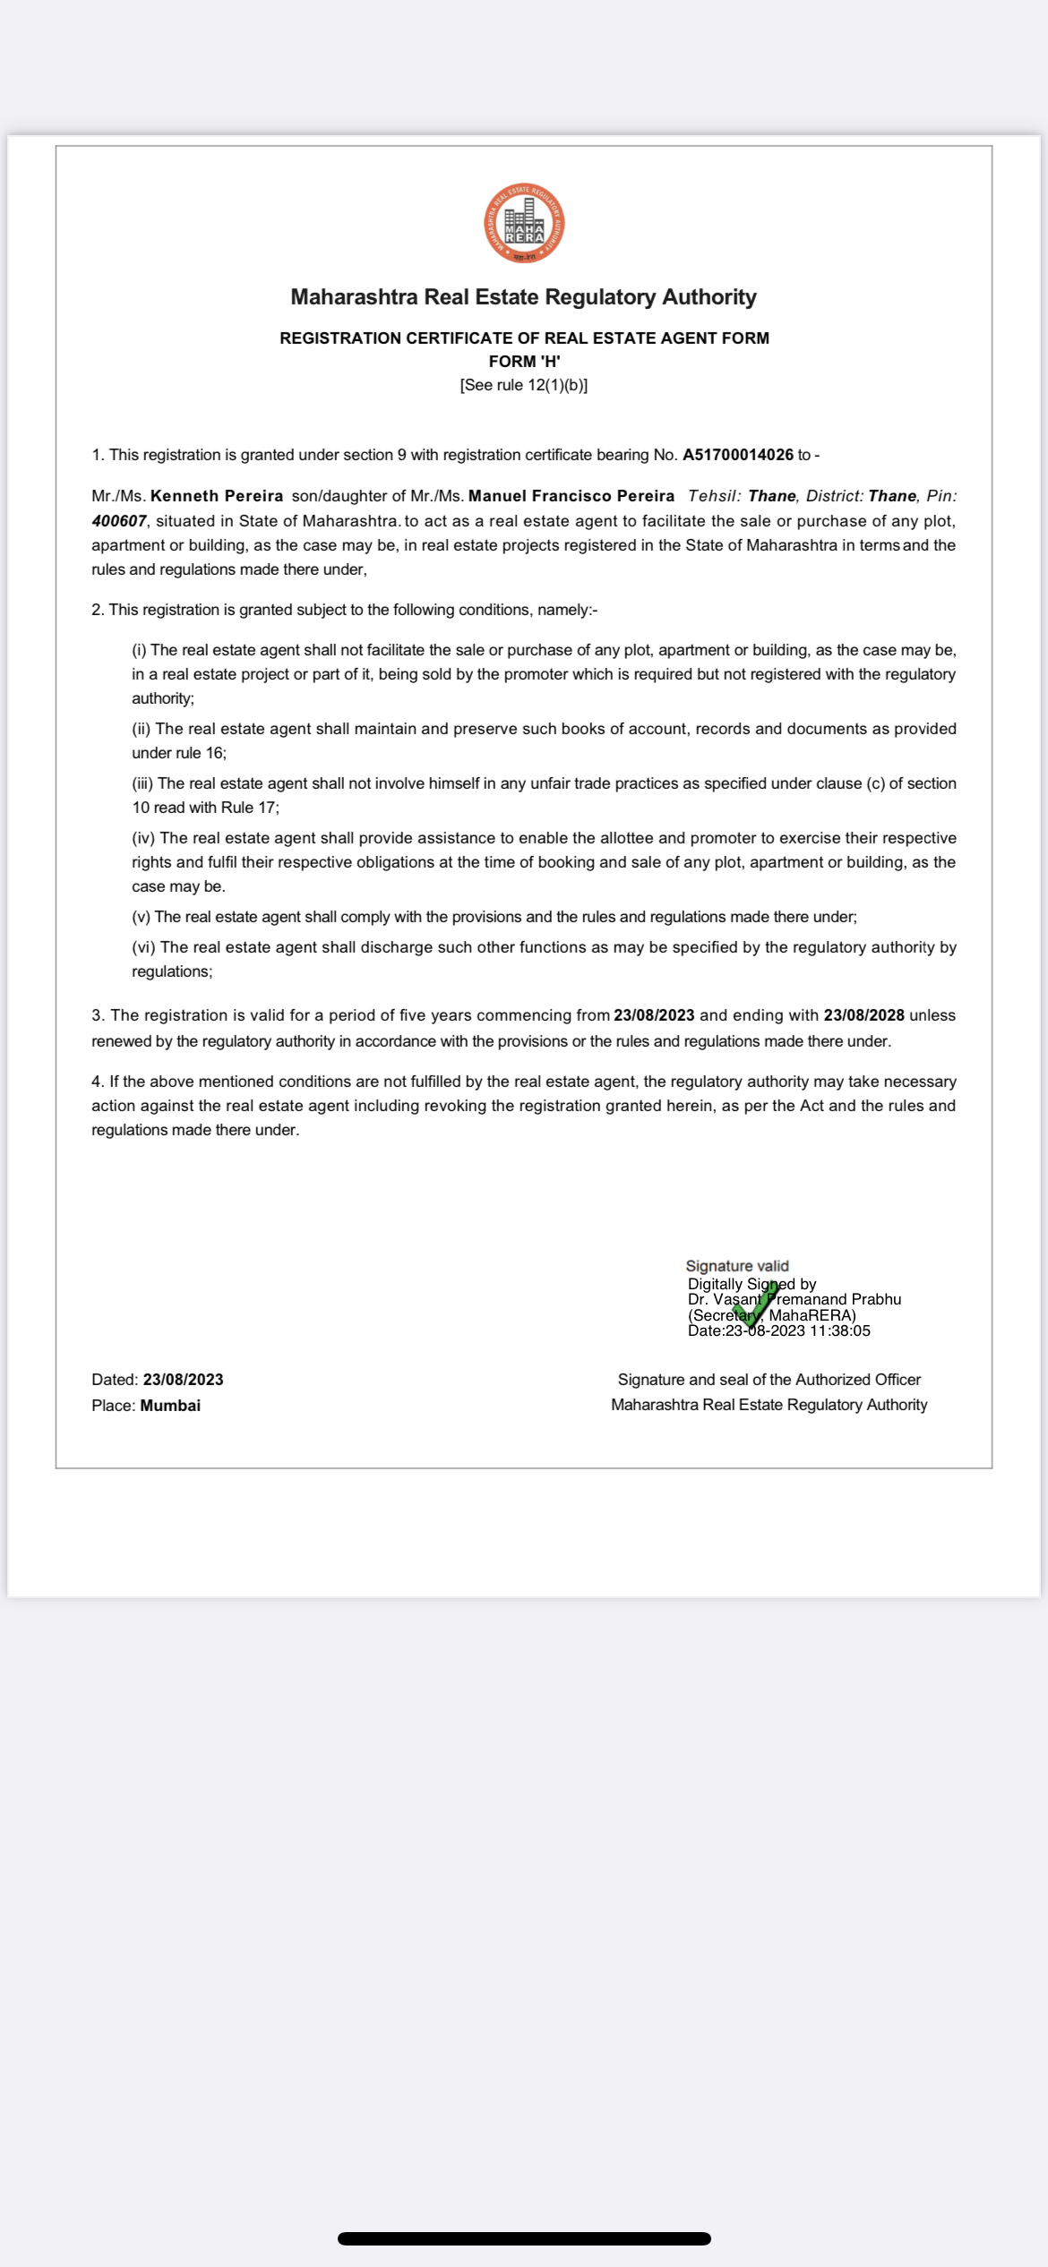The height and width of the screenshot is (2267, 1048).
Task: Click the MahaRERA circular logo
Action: click(x=524, y=224)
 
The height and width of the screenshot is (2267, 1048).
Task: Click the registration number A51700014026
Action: click(x=737, y=455)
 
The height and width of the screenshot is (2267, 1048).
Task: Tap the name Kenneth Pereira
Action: click(x=217, y=496)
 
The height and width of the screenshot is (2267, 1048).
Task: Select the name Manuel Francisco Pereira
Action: click(x=571, y=496)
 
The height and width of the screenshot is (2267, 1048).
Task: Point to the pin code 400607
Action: click(x=118, y=521)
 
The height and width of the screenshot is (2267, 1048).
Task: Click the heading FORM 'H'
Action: click(x=524, y=362)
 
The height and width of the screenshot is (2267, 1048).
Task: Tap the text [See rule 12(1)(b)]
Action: click(x=524, y=385)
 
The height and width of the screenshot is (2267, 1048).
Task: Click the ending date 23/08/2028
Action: click(x=863, y=1015)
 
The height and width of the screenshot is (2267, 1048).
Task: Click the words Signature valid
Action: click(x=737, y=1266)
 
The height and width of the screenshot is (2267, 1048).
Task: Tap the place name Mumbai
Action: click(x=170, y=1406)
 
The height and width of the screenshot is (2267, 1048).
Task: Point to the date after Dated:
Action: click(x=183, y=1380)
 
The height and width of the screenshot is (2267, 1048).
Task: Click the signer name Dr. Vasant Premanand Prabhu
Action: click(x=795, y=1299)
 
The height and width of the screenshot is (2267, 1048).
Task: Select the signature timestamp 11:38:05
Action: click(x=840, y=1331)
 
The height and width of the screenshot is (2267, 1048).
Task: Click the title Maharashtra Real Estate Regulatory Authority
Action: click(x=524, y=297)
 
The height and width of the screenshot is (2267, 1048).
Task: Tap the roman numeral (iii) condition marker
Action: click(x=142, y=783)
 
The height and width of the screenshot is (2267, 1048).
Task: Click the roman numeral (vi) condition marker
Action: click(x=143, y=947)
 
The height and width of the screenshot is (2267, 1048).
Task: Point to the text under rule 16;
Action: click(x=179, y=753)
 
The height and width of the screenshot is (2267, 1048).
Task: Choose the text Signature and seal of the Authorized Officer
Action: click(x=769, y=1380)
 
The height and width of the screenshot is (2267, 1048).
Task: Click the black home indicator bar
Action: click(x=524, y=2238)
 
